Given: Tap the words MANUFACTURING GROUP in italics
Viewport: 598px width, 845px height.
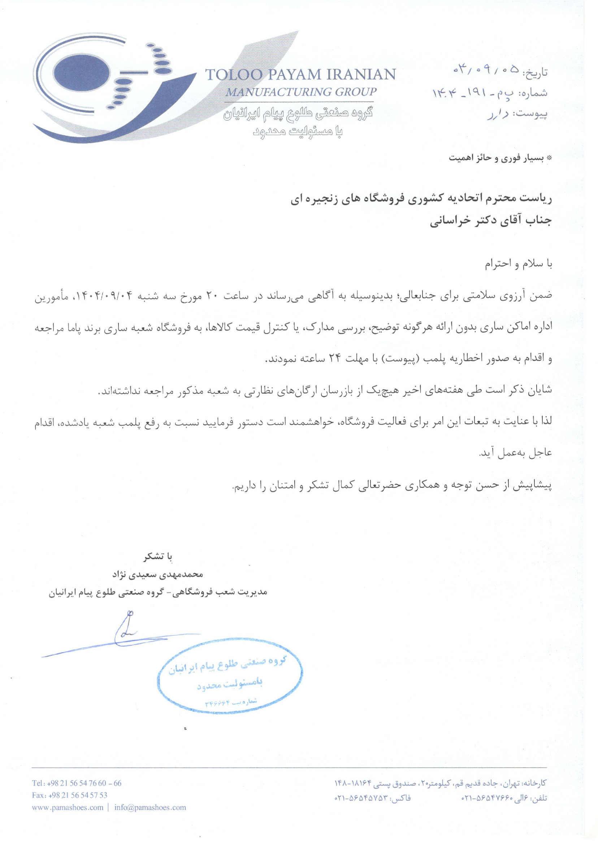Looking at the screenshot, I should click(x=301, y=92).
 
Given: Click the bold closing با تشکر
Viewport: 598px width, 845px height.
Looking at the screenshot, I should click(x=158, y=557).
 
